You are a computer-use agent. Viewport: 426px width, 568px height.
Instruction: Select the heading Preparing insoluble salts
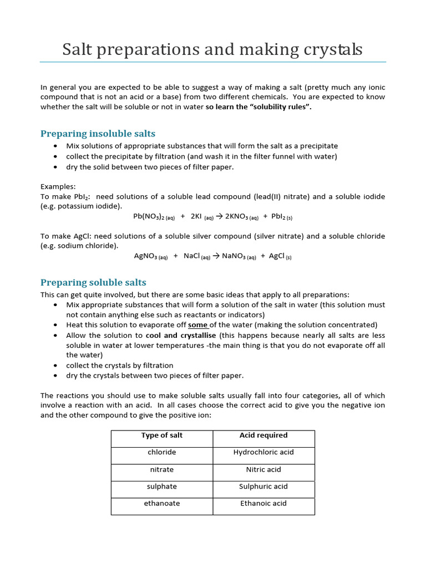[98, 134]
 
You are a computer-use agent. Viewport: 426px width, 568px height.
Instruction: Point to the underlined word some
[198, 325]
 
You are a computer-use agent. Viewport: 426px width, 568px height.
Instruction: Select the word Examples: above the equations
[58, 186]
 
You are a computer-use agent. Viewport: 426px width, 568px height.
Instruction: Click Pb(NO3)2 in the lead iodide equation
[154, 217]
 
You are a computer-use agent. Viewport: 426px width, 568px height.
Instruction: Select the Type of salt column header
[161, 435]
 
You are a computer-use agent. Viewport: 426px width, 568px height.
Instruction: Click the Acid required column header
[263, 435]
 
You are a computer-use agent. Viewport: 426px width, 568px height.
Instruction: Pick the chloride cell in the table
[161, 452]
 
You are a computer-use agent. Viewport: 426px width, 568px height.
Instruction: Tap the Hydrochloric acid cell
[263, 452]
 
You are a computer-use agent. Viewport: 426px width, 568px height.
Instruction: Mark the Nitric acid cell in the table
[263, 469]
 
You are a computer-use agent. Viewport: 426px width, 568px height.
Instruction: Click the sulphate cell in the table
[161, 486]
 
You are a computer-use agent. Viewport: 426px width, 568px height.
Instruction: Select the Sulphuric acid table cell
[263, 486]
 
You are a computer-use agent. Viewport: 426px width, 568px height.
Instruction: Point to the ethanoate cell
[161, 504]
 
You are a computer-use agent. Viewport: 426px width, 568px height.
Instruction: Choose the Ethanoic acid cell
[263, 504]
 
